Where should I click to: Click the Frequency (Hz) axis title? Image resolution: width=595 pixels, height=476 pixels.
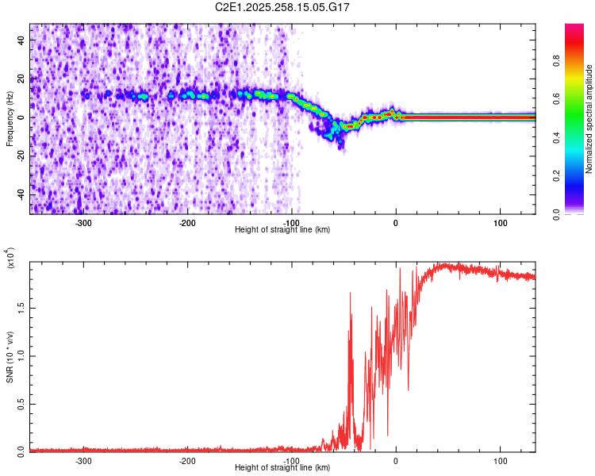click(10, 119)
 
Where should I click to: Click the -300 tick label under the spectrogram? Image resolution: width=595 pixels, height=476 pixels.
click(84, 223)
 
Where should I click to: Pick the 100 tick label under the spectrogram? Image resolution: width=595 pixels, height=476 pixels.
click(500, 223)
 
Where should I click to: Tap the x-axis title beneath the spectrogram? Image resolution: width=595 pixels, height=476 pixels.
click(283, 230)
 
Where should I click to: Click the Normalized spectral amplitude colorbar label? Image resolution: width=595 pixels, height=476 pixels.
click(589, 119)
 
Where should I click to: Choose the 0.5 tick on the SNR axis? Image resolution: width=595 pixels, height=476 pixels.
click(21, 403)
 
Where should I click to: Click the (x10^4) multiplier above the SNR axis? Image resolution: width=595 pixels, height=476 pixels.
click(10, 259)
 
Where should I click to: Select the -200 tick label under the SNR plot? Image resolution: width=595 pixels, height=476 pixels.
click(188, 461)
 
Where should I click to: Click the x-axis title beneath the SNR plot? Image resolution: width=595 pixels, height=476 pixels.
click(283, 468)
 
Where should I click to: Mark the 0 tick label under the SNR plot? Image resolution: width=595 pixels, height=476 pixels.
click(396, 461)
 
